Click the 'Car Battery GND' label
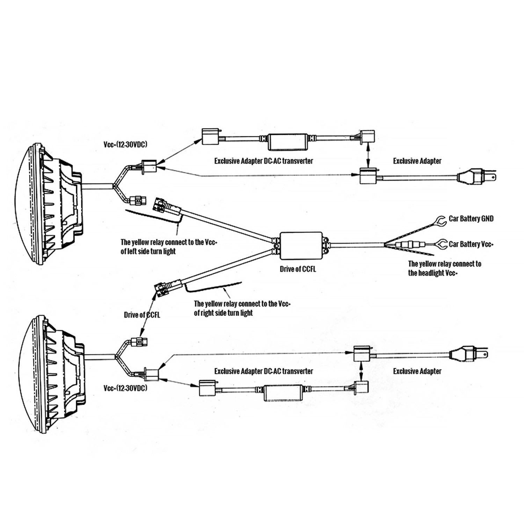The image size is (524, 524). point(471,219)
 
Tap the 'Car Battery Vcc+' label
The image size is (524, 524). point(471,244)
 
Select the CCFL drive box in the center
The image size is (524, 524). point(301,245)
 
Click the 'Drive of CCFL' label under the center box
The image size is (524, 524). point(298,269)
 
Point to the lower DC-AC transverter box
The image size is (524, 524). point(283,394)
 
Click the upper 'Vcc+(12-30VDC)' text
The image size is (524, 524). point(125,145)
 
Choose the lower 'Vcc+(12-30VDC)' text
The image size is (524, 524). point(125,388)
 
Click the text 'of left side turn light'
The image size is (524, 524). point(148,251)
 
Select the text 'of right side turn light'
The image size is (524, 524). point(223,313)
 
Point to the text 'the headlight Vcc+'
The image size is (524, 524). point(432,273)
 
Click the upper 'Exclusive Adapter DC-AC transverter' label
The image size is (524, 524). point(263,161)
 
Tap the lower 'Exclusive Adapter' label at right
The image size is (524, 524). point(417,371)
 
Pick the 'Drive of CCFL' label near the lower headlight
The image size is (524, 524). point(142,315)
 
